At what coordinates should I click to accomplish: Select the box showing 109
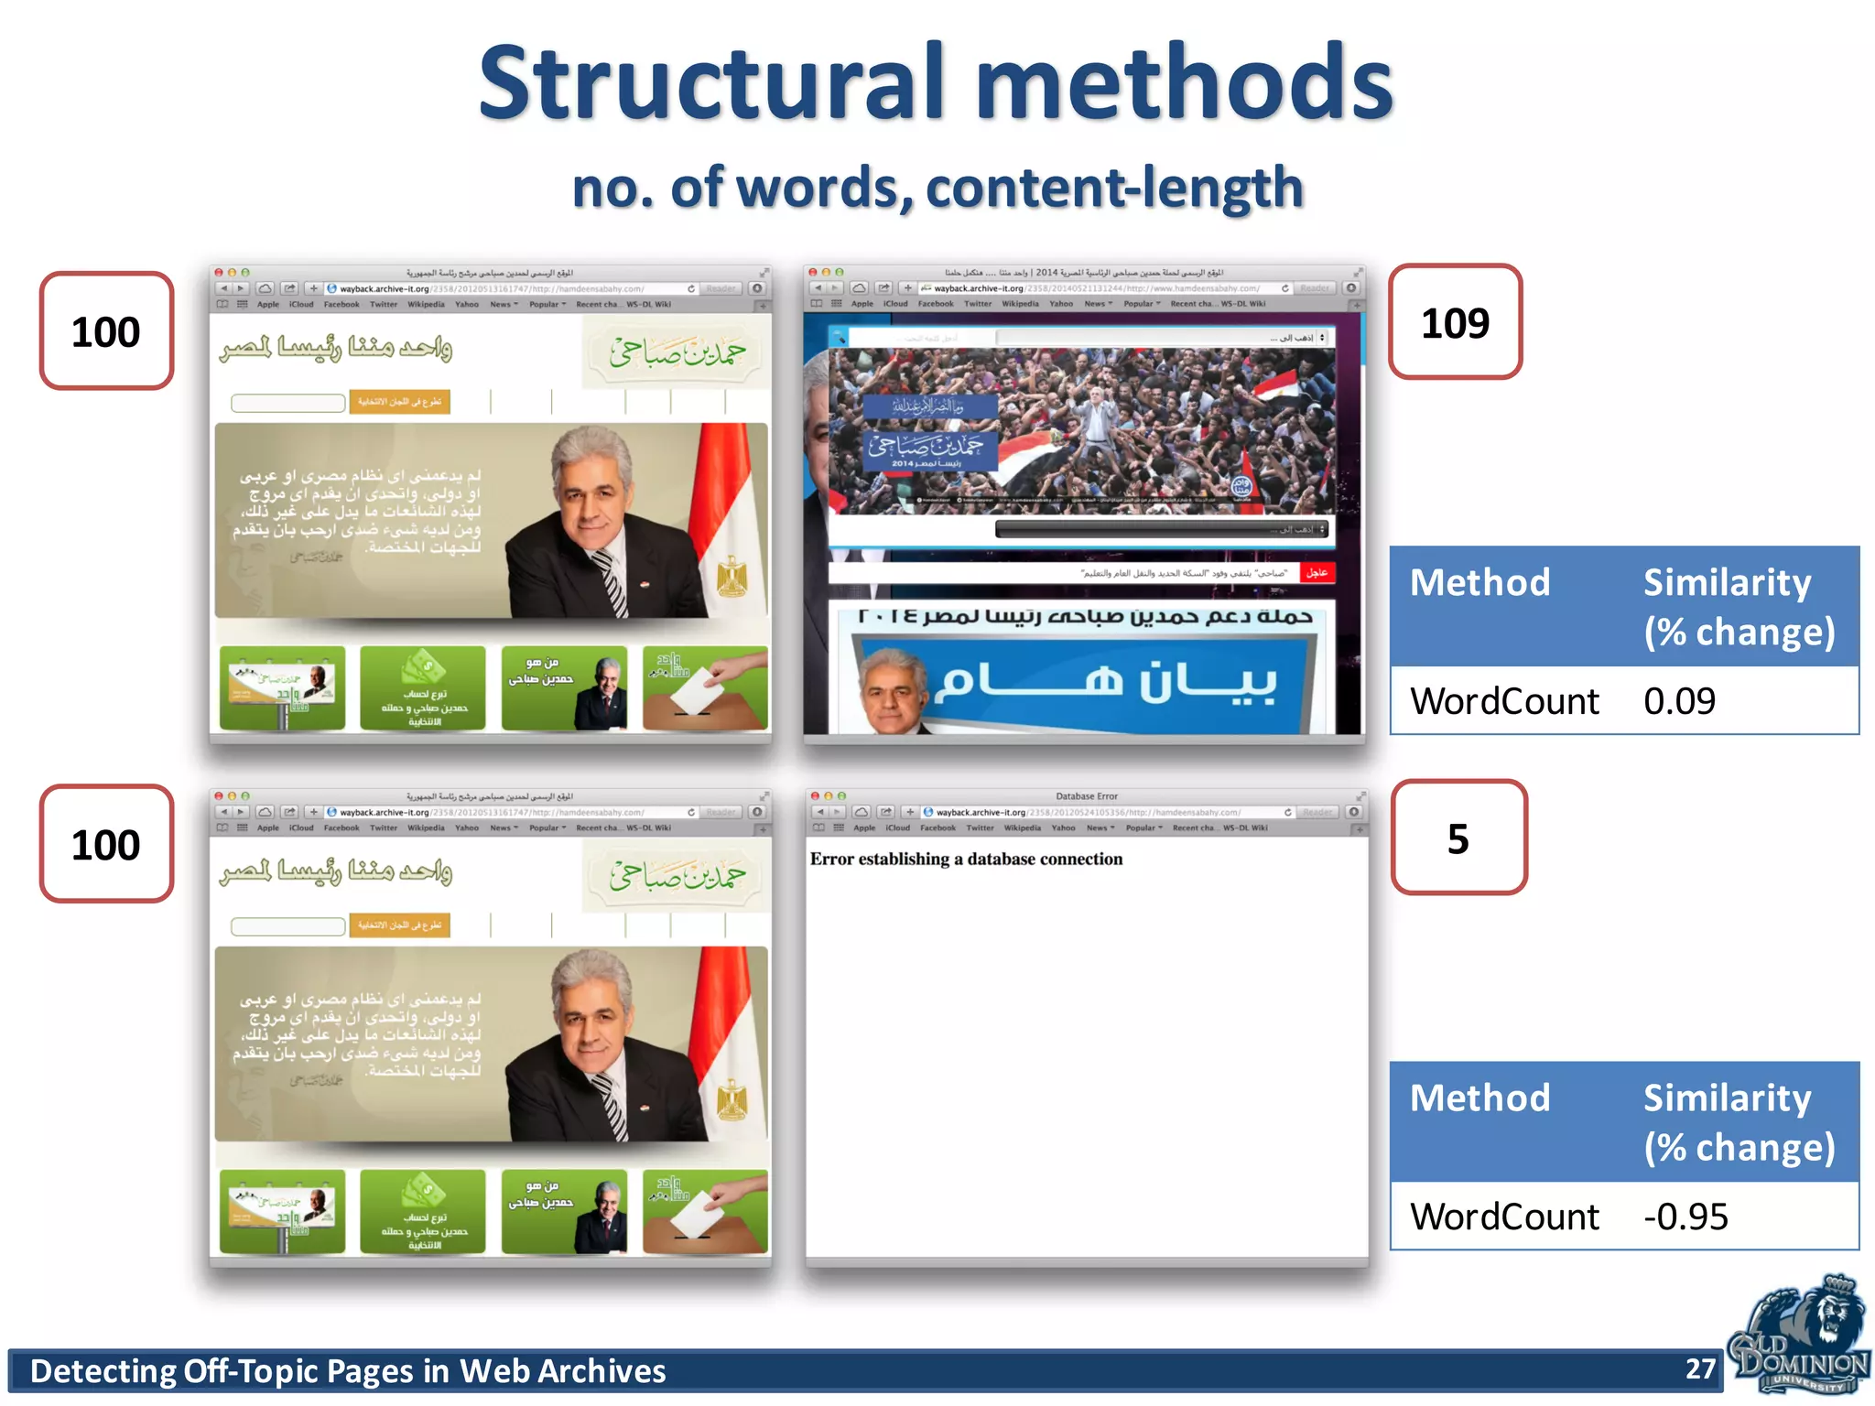point(1455,323)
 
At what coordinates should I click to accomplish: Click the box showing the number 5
point(1458,838)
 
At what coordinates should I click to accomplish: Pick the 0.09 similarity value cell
point(1679,701)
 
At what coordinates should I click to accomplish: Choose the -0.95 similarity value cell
point(1685,1217)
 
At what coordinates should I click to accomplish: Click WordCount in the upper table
point(1504,701)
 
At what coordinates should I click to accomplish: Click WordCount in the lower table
point(1504,1217)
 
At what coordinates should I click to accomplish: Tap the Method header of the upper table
point(1479,583)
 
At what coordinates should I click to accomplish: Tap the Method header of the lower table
point(1479,1098)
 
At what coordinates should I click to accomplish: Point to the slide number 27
point(1700,1368)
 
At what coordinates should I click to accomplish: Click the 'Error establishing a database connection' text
point(966,859)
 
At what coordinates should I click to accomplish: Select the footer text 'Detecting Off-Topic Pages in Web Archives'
point(348,1371)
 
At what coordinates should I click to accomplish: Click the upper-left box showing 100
point(106,331)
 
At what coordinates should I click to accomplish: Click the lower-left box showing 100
point(106,844)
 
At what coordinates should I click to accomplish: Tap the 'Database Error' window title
point(1087,796)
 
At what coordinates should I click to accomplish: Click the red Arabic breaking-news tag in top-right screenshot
point(1317,573)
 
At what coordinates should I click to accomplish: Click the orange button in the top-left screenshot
point(399,402)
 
